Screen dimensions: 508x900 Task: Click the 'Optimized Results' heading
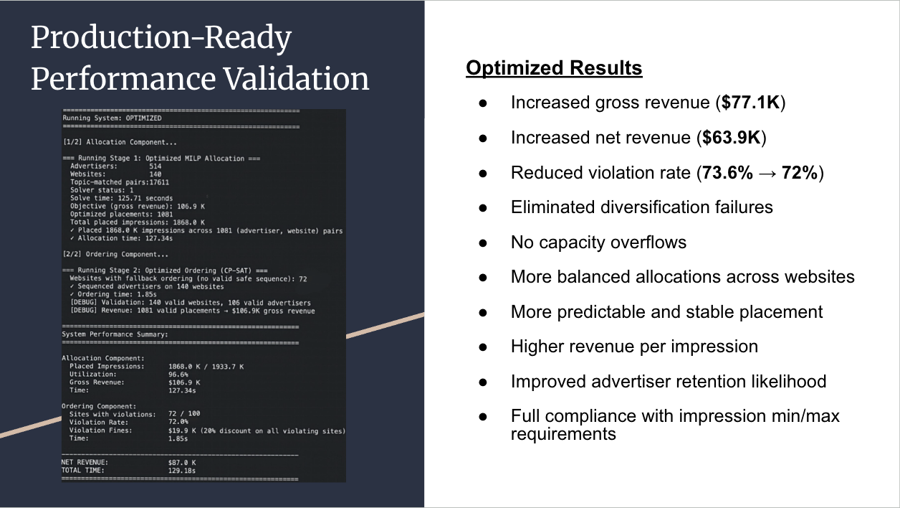coord(554,68)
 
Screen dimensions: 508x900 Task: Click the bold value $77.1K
coord(751,103)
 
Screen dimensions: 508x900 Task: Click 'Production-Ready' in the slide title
coord(161,38)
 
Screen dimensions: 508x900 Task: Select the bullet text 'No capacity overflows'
coord(598,243)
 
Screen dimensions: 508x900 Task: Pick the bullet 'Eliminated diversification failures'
coord(641,207)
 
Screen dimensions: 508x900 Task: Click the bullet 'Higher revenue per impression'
coord(634,347)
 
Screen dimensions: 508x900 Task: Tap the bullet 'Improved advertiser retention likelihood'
coord(669,381)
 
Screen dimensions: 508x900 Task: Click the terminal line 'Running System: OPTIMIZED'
coord(112,118)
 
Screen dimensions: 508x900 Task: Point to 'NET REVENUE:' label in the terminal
coord(85,463)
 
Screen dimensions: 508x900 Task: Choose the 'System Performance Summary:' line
coord(115,334)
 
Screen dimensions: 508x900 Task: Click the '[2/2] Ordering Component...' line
coord(115,254)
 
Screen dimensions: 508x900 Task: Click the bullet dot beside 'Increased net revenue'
coord(483,138)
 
